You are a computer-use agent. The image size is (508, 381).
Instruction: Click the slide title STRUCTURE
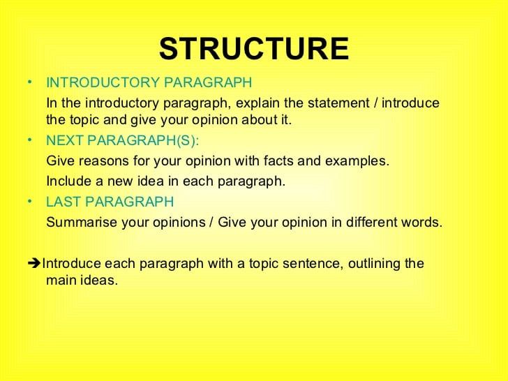pos(254,49)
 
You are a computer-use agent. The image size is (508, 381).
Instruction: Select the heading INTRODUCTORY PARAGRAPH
pos(149,83)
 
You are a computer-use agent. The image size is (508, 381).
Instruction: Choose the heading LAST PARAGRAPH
pos(110,202)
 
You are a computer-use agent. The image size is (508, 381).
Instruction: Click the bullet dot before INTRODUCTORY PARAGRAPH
pos(27,81)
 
